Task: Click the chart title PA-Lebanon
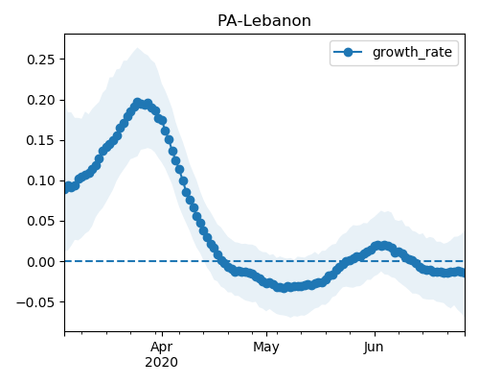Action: click(x=264, y=21)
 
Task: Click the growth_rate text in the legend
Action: click(x=412, y=52)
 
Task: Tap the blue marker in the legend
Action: click(x=348, y=52)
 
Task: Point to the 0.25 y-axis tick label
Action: click(x=41, y=60)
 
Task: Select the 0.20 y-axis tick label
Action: click(x=41, y=100)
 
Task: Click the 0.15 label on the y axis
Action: click(x=41, y=140)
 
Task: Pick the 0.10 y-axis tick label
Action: click(x=41, y=180)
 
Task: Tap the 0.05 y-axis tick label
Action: click(x=41, y=221)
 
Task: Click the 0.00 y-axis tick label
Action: click(x=41, y=262)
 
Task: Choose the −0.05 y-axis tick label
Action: click(x=35, y=302)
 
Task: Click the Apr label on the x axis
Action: click(x=162, y=348)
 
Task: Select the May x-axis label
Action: click(x=266, y=348)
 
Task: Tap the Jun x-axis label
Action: click(x=374, y=348)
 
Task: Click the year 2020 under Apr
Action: click(x=161, y=363)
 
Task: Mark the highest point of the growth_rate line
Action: click(x=137, y=103)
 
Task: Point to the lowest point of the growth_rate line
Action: click(x=284, y=288)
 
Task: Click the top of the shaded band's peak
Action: click(x=138, y=48)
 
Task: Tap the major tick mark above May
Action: click(x=267, y=334)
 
